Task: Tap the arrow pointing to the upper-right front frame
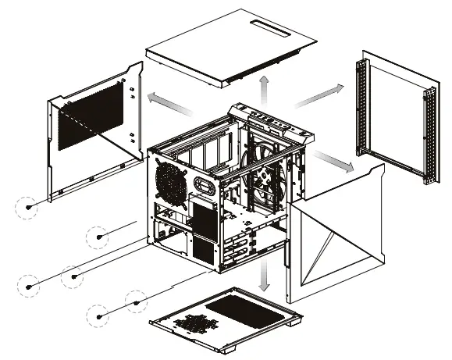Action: [x=315, y=97]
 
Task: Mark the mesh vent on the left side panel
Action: [x=92, y=116]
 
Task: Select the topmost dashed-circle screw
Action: [x=29, y=208]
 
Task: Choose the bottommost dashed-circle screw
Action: [x=99, y=315]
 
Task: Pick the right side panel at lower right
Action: [x=336, y=234]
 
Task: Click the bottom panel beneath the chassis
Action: [x=226, y=320]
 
